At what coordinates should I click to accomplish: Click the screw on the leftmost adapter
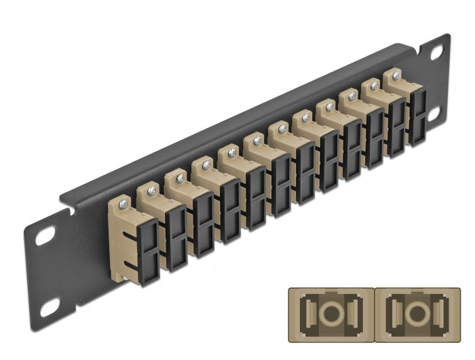123,203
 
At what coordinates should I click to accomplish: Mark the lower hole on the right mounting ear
432,114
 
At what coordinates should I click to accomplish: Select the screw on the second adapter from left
150,190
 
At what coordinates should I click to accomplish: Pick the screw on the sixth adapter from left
256,141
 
